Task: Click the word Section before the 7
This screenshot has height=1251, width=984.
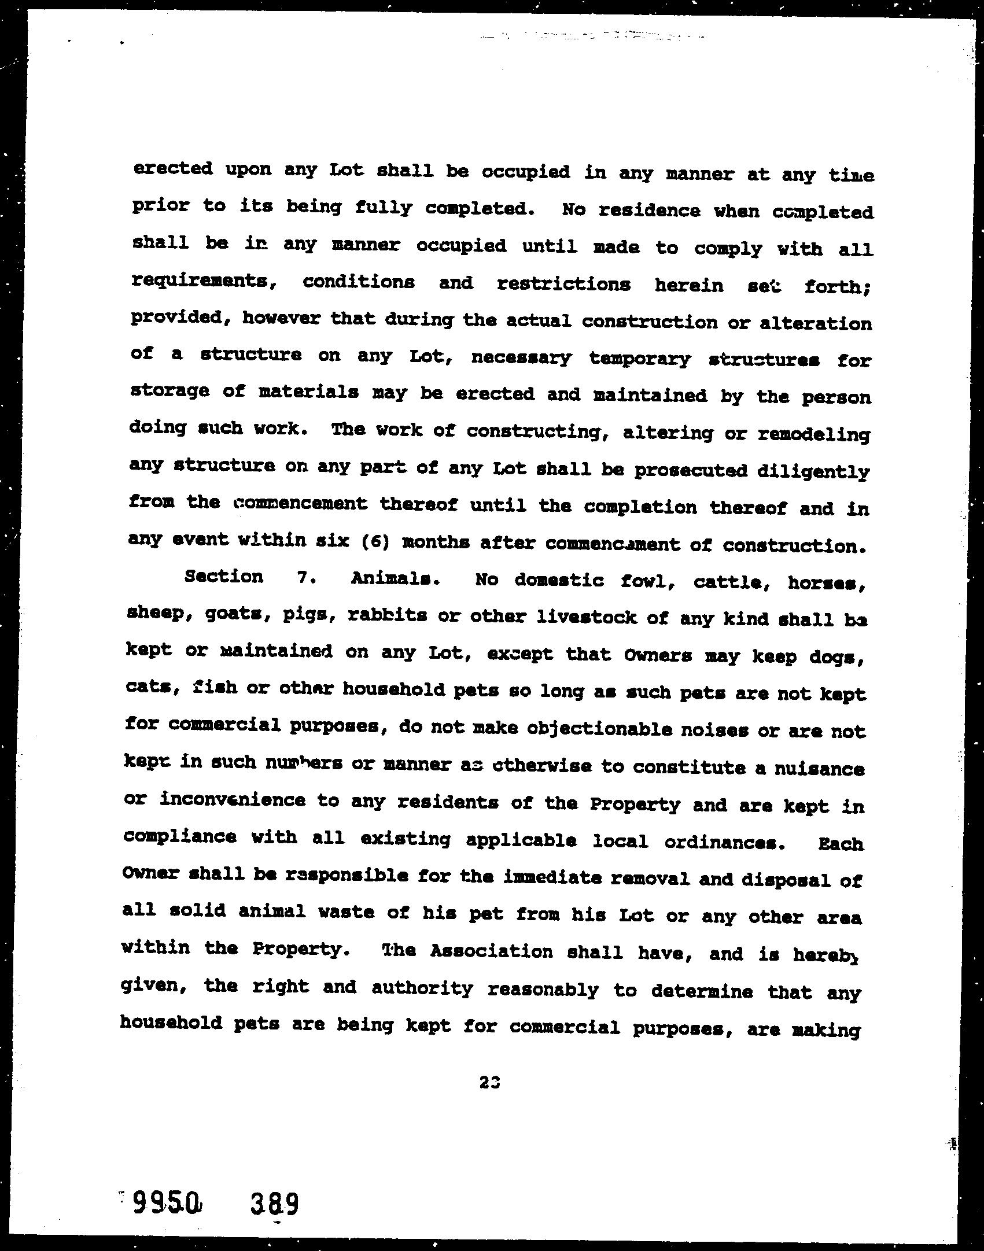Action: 223,577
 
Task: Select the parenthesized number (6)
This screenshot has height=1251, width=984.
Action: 374,543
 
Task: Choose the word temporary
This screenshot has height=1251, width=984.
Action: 640,359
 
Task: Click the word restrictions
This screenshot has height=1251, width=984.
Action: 563,284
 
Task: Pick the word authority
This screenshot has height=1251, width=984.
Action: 422,988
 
